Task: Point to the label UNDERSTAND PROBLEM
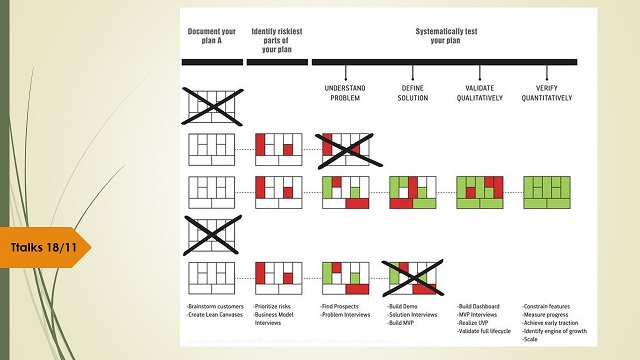[345, 92]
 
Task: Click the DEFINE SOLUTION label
[412, 92]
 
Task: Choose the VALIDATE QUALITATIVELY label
[481, 92]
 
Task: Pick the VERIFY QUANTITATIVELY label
[547, 92]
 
